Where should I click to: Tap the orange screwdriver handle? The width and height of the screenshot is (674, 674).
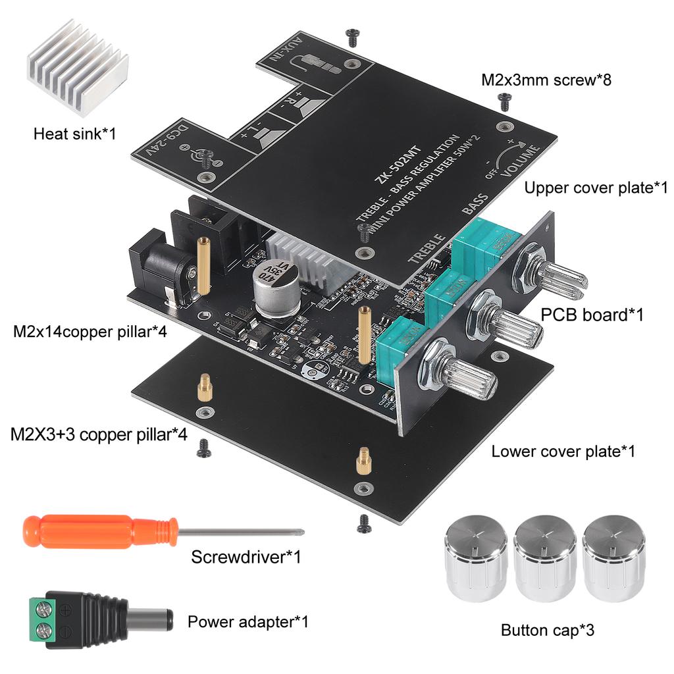[99, 531]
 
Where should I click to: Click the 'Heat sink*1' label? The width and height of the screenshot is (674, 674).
[74, 134]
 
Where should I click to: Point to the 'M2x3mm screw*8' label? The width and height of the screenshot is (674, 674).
[546, 80]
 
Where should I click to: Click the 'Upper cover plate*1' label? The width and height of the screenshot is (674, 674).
[596, 188]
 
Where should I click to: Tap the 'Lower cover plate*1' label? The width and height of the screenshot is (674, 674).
[563, 452]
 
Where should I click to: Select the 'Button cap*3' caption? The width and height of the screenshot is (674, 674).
[548, 630]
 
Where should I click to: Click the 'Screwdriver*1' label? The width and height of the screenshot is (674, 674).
[246, 557]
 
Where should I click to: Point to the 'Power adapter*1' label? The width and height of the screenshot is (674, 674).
[247, 621]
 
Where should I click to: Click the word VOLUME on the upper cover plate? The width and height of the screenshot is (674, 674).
[521, 159]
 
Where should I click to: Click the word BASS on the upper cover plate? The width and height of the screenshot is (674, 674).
[475, 205]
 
